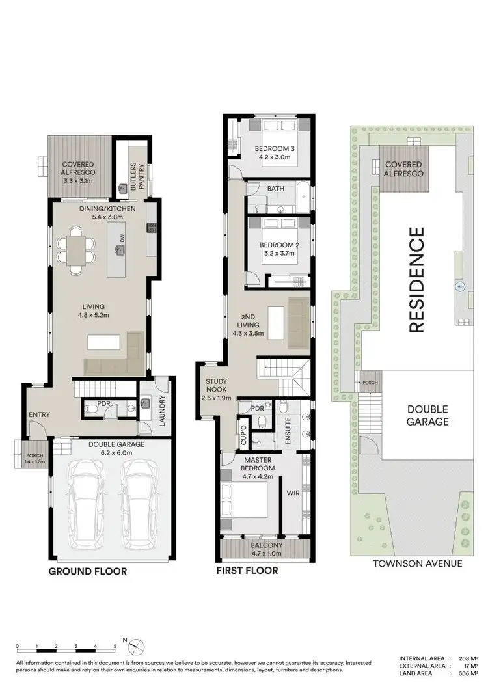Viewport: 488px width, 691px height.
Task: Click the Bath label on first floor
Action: click(276, 189)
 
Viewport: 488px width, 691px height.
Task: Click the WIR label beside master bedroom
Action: click(293, 493)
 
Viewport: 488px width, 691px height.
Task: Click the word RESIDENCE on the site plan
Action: click(416, 279)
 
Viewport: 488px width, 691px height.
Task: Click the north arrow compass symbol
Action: click(137, 645)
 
